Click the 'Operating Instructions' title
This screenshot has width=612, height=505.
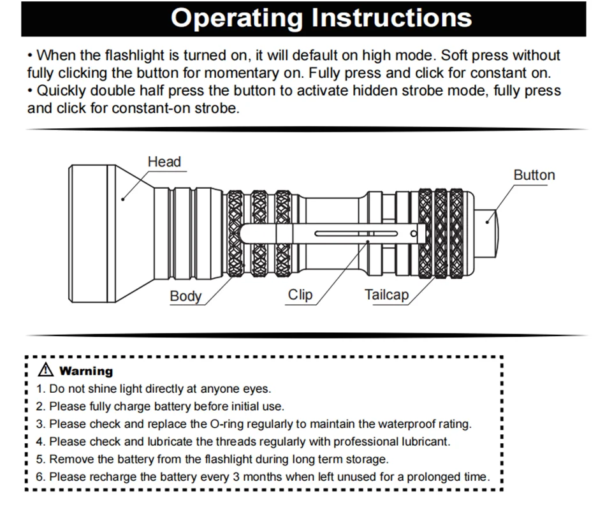click(x=321, y=18)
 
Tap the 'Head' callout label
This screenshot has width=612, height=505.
click(x=164, y=162)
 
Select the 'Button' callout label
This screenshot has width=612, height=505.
click(x=534, y=175)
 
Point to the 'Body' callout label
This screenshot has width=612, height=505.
click(x=185, y=296)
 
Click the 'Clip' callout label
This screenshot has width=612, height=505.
click(x=300, y=295)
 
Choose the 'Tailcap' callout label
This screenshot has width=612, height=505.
click(x=386, y=295)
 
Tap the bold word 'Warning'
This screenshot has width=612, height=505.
click(x=85, y=371)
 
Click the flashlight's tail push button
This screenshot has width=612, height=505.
click(x=492, y=234)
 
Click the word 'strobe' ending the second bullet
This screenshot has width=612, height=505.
click(x=216, y=108)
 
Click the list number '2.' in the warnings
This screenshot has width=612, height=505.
click(x=41, y=406)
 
